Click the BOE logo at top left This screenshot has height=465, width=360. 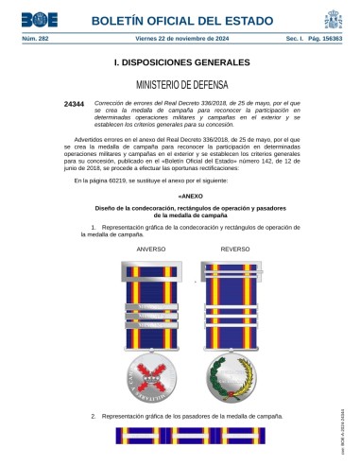33,19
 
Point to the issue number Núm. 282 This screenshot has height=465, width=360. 34,40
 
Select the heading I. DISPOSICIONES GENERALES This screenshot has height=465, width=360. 180,62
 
